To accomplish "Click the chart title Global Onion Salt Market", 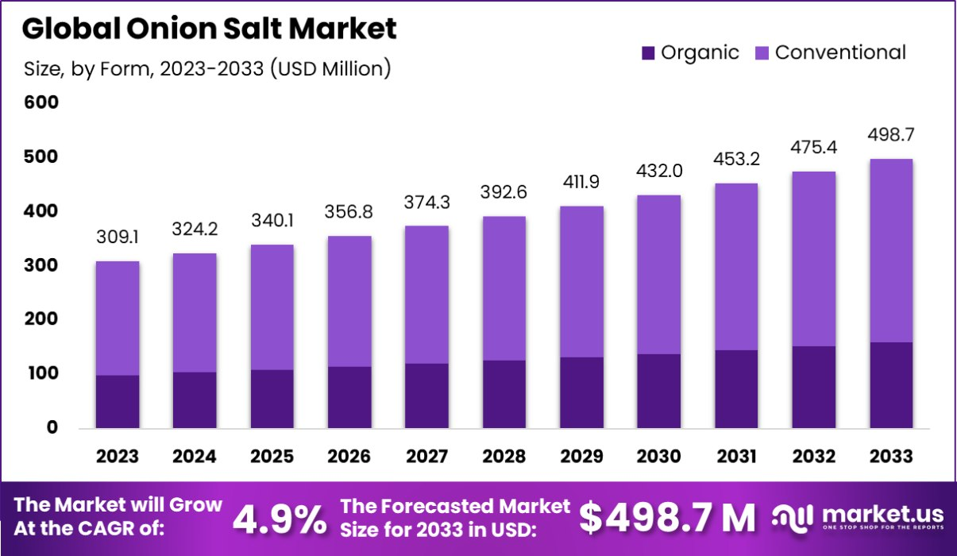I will pos(209,29).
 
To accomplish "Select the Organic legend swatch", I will pos(648,53).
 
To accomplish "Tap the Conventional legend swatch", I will pos(761,53).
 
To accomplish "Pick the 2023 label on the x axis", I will pos(118,457).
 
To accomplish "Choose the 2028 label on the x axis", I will pos(504,457).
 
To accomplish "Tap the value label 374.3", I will pos(427,203).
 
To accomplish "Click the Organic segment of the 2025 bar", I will pos(272,399).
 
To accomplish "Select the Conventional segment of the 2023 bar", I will pos(118,318).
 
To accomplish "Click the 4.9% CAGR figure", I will pos(280,519).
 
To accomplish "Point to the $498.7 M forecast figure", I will pos(667,518).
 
